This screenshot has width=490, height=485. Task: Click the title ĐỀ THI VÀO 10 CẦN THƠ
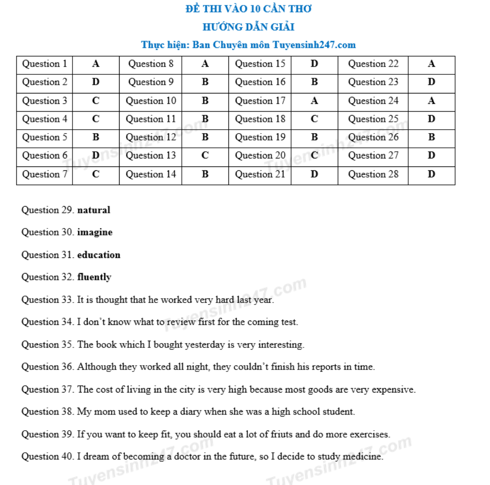coord(248,9)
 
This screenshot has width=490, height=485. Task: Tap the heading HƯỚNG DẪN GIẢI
coord(248,27)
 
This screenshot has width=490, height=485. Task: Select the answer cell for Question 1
coord(96,64)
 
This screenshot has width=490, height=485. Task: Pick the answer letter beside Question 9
coord(205,82)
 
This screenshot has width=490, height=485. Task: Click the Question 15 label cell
coord(260,64)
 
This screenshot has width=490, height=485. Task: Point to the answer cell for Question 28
coord(431,174)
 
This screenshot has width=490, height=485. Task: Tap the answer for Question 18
coord(314,119)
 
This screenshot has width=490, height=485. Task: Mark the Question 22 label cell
coord(373,64)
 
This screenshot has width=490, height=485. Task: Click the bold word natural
coord(94,210)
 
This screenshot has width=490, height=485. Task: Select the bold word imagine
coord(95,232)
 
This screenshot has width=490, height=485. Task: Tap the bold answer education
coord(98,255)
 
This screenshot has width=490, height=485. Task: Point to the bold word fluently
coord(94,277)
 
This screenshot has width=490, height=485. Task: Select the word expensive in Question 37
coord(393,390)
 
